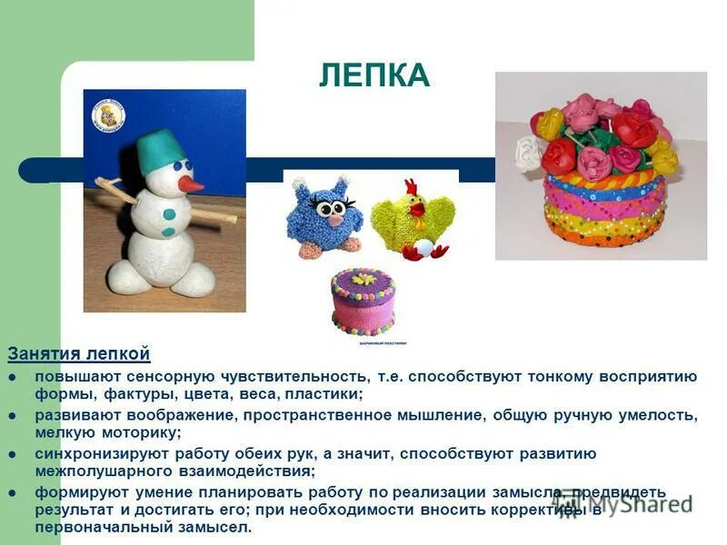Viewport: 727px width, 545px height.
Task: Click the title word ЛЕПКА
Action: pos(373,75)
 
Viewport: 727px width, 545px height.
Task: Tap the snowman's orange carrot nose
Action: pos(190,183)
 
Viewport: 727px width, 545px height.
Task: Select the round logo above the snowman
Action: pos(108,115)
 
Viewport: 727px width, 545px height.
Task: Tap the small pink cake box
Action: pos(363,302)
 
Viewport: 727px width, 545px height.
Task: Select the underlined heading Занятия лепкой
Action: pos(79,354)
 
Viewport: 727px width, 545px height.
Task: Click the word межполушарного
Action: pos(99,471)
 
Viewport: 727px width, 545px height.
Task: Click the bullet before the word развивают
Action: pos(13,415)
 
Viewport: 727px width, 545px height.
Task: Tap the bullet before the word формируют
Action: pos(13,492)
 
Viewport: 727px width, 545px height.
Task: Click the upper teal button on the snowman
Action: pos(170,214)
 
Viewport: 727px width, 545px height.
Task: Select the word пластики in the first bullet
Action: pos(322,393)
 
